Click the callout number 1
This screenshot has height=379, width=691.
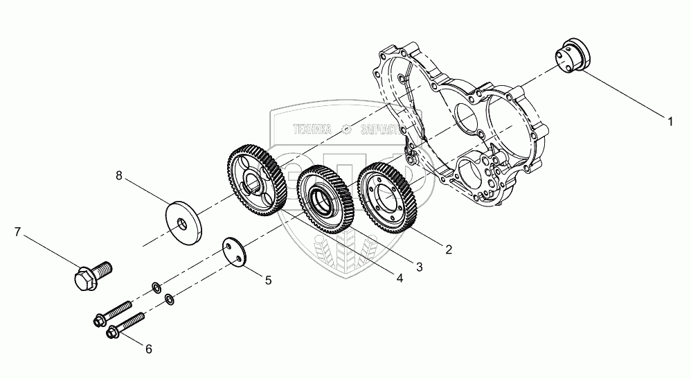pyautogui.click(x=670, y=121)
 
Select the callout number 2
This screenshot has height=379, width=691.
pyautogui.click(x=449, y=249)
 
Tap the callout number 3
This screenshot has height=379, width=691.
pyautogui.click(x=419, y=265)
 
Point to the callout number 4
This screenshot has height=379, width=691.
pyautogui.click(x=400, y=278)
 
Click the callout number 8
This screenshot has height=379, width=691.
pyautogui.click(x=119, y=177)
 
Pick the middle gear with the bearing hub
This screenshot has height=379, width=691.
pyautogui.click(x=326, y=200)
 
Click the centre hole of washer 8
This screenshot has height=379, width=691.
pyautogui.click(x=182, y=222)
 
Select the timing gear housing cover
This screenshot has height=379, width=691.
pyautogui.click(x=471, y=125)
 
